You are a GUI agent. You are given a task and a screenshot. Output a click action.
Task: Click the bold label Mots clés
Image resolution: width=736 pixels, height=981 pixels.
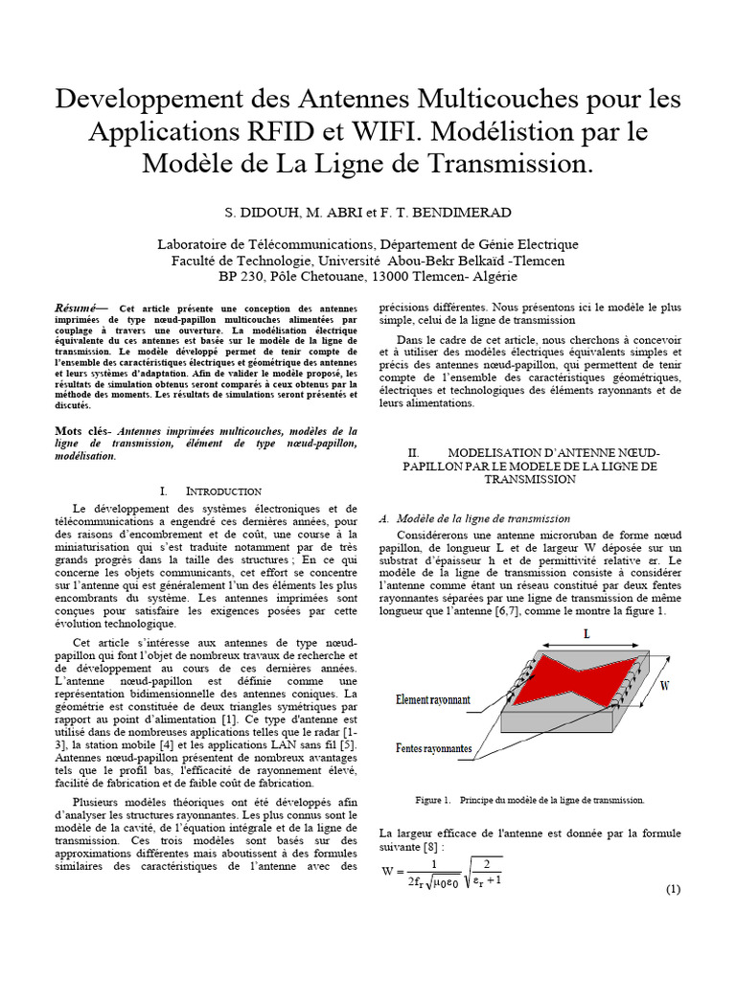pyautogui.click(x=82, y=431)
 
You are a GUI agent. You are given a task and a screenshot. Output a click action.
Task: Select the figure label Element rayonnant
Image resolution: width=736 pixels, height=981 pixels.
pyautogui.click(x=433, y=700)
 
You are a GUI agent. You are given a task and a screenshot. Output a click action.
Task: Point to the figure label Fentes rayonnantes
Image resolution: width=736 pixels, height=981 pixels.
pyautogui.click(x=433, y=747)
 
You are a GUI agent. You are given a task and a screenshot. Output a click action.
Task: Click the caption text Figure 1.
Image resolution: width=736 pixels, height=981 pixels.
pyautogui.click(x=432, y=799)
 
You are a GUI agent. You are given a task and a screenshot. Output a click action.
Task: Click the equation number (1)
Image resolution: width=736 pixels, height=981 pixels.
pyautogui.click(x=673, y=889)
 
